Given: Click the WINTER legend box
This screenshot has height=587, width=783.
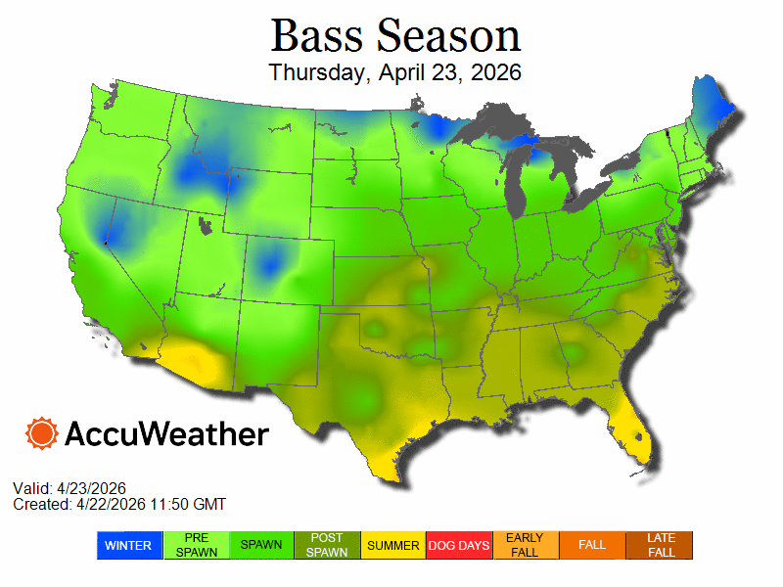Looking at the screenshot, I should point(128,545).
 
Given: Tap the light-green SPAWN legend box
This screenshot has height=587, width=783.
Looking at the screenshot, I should point(261,545).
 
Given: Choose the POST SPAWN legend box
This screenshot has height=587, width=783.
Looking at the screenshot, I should point(328,545).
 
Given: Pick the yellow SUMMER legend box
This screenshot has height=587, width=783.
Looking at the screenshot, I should point(393,545).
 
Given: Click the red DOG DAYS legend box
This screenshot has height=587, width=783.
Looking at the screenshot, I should point(460,545).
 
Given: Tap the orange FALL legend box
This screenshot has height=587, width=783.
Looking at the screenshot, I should point(592,545).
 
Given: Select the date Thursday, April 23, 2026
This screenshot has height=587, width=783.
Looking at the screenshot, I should point(394,72).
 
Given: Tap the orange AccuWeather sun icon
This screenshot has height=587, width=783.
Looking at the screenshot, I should point(42,432).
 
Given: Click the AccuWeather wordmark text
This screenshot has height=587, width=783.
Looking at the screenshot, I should point(166,433).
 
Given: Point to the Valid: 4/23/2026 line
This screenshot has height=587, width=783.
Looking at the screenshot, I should point(69,488).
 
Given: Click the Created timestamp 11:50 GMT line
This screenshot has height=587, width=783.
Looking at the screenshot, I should point(119,504).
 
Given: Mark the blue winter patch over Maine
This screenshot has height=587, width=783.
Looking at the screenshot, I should point(708,103).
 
